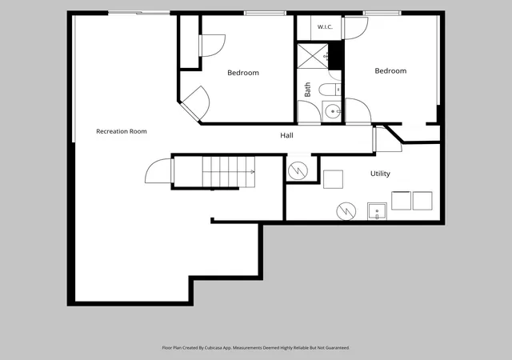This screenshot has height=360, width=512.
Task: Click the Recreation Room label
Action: click(122, 131)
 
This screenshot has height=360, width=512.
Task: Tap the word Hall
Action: click(286, 135)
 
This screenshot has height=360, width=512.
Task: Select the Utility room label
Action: click(380, 174)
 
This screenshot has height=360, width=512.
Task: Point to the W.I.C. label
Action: click(325, 26)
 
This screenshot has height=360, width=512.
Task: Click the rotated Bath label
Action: click(307, 90)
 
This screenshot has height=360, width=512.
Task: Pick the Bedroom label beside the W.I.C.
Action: click(390, 71)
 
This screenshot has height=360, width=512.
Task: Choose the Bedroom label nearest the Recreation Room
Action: click(243, 73)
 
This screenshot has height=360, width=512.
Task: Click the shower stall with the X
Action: click(313, 56)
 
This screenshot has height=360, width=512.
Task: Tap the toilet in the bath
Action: click(330, 90)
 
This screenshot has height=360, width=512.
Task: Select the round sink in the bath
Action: click(333, 112)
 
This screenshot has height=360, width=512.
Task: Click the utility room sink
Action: click(377, 211)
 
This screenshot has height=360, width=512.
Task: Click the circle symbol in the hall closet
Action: click(298, 170)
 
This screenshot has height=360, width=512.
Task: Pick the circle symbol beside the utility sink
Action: click(346, 211)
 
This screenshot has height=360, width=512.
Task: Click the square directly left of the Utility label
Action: click(333, 179)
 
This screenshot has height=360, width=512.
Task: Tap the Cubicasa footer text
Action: click(256, 348)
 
